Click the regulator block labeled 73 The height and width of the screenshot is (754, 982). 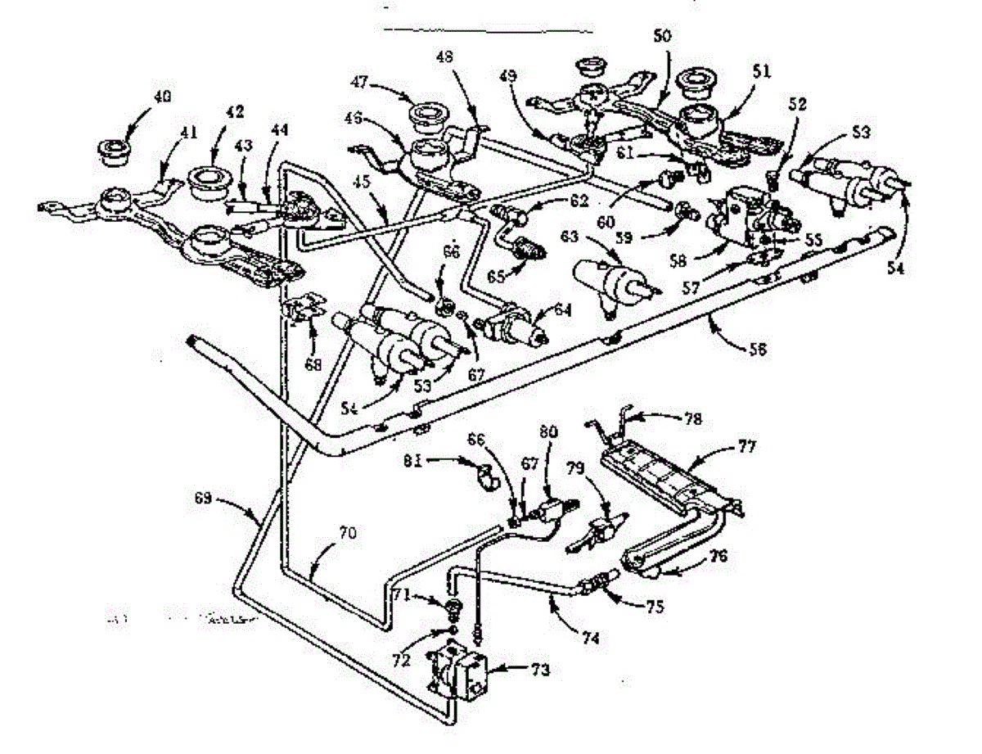[459, 672]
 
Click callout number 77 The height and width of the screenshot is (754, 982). [746, 446]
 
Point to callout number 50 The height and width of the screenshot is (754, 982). [661, 38]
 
